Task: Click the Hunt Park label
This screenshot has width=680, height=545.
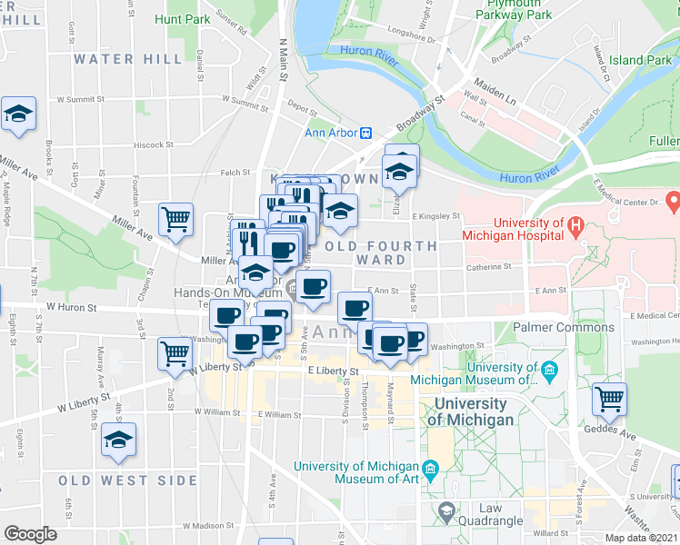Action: click(183, 19)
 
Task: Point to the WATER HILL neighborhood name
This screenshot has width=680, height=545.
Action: click(115, 59)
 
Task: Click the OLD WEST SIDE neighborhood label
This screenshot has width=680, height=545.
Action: click(127, 480)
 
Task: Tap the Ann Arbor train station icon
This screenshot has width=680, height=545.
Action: click(366, 133)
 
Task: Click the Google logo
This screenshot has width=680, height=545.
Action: click(30, 534)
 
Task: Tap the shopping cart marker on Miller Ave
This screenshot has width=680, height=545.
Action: click(175, 218)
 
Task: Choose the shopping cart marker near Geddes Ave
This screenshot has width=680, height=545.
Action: click(609, 398)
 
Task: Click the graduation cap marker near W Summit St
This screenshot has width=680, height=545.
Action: click(18, 114)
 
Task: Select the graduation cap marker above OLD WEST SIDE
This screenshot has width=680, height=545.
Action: click(118, 440)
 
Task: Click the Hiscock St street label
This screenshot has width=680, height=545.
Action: click(154, 144)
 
